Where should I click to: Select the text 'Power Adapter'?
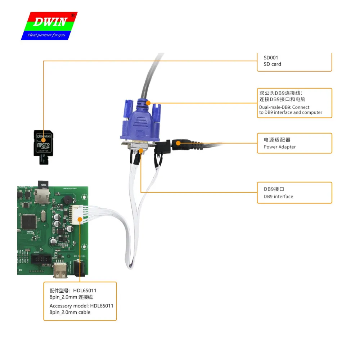click(x=280, y=147)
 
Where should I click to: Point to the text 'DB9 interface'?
click(x=278, y=197)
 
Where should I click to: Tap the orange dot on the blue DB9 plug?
click(x=148, y=103)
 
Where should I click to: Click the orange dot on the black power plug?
click(x=178, y=143)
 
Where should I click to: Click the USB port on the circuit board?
click(x=60, y=271)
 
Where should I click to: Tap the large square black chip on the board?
click(x=28, y=221)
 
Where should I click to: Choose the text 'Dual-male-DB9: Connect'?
click(x=284, y=107)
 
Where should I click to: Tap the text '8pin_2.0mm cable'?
click(x=70, y=312)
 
